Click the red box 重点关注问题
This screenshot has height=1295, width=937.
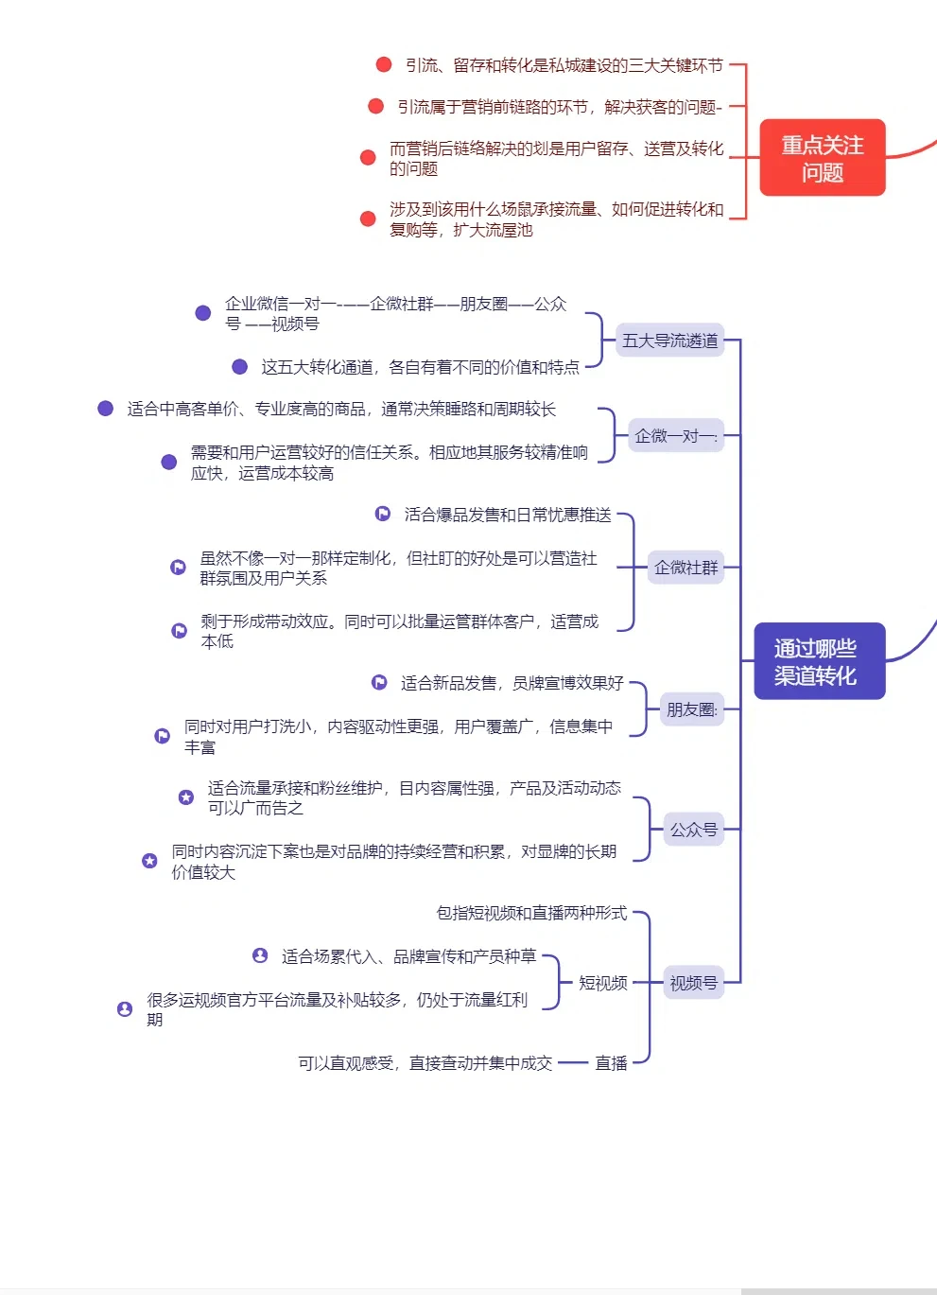point(822,158)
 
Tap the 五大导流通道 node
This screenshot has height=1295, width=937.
point(670,341)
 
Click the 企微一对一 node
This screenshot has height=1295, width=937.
point(676,436)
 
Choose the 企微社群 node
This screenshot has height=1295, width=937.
point(686,568)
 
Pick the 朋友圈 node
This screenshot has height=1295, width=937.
point(692,709)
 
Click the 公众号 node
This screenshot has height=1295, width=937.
point(694,830)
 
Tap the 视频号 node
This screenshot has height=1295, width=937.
point(694,983)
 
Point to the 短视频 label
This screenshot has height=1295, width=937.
point(603,983)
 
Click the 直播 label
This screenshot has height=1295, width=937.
point(611,1063)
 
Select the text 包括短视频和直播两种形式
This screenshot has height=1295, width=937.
point(531,913)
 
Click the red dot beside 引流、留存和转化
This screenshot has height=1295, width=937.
point(384,64)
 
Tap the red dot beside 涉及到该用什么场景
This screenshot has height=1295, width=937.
point(369,219)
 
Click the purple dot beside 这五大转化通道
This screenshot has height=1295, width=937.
point(240,366)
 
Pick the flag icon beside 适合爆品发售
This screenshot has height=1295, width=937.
point(383,514)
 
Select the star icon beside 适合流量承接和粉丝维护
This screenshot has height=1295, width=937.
point(186,797)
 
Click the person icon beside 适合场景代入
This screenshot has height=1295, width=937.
point(260,955)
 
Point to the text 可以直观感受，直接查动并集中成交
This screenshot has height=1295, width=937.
point(425,1063)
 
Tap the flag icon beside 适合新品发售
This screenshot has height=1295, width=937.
point(379,682)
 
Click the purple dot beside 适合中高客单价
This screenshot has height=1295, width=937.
point(106,408)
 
